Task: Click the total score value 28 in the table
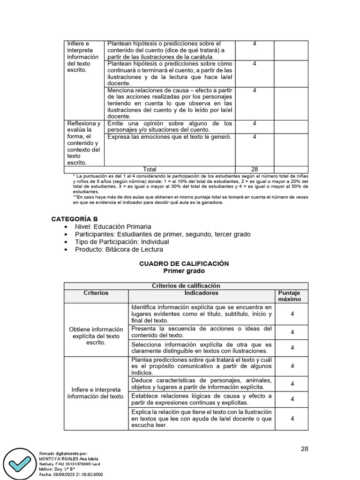254,169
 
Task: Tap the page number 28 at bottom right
304,449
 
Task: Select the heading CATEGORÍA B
75,219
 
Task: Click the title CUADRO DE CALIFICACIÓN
184,264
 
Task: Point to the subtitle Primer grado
184,271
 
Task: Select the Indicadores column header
201,293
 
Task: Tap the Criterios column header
96,293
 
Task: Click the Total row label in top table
150,169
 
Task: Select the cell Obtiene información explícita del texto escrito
96,336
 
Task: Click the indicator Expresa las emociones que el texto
169,137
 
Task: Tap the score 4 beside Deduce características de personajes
292,383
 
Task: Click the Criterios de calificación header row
186,285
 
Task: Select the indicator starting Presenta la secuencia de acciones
201,332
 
